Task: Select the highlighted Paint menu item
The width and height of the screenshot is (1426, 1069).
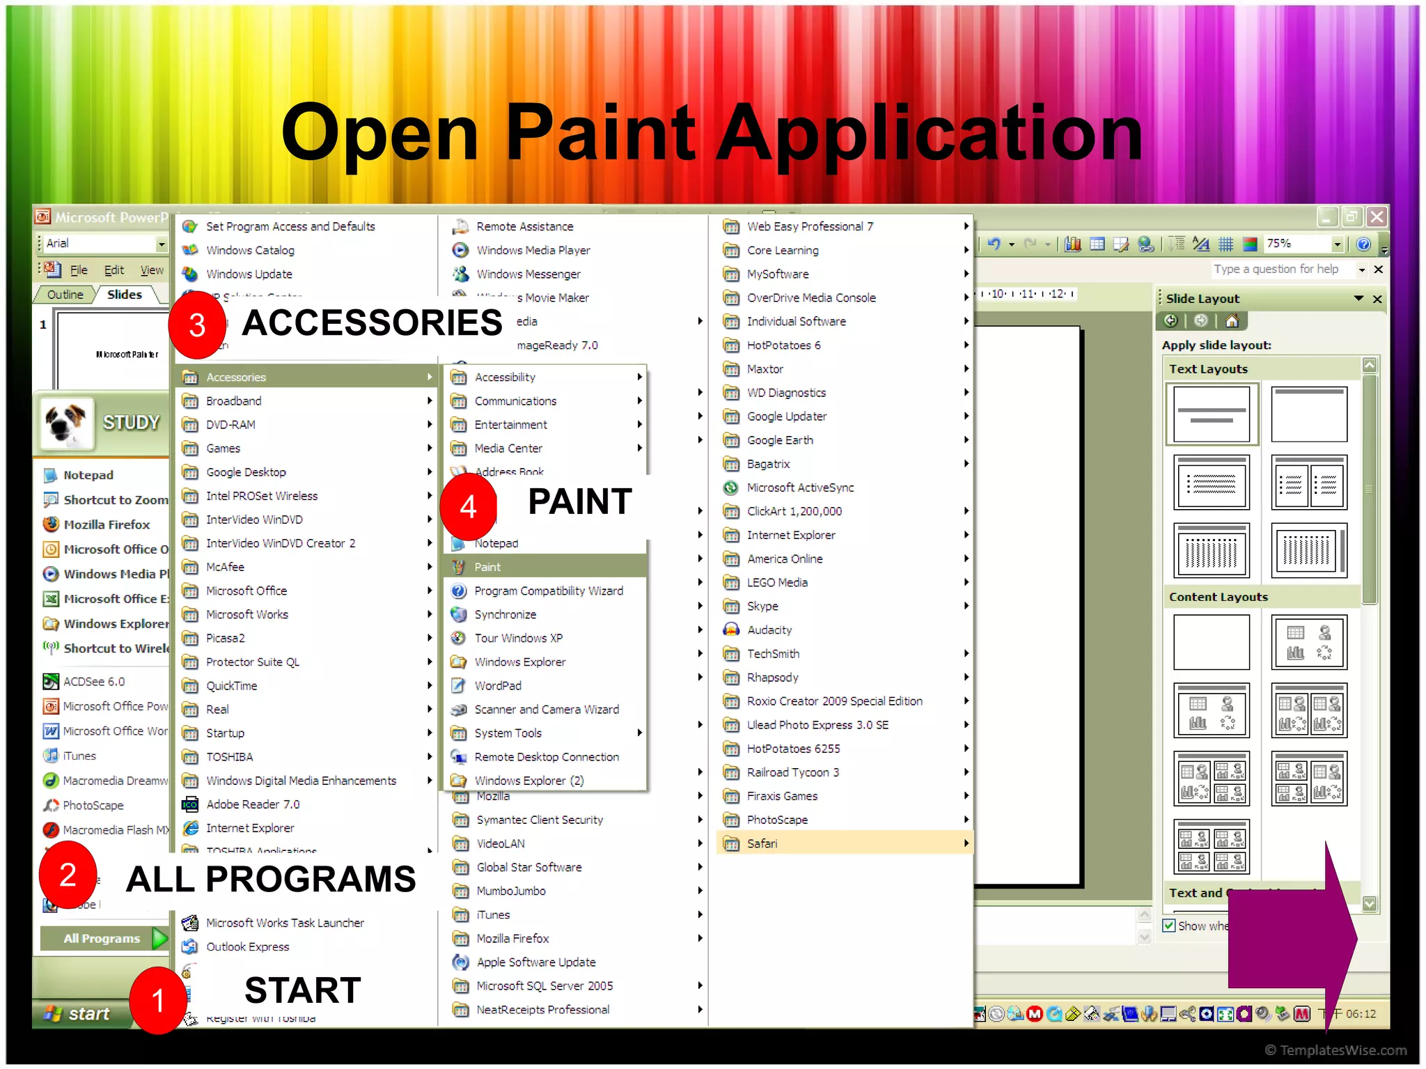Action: click(487, 567)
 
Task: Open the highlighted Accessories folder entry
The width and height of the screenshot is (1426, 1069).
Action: click(237, 377)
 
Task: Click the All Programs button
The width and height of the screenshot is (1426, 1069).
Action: click(103, 938)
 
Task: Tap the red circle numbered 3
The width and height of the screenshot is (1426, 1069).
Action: click(197, 325)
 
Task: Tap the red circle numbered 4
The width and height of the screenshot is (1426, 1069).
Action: click(468, 506)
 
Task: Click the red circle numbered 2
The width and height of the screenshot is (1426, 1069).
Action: click(68, 875)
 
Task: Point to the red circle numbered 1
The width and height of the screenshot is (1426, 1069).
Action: click(158, 1000)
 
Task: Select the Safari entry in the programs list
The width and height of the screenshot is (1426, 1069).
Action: click(762, 843)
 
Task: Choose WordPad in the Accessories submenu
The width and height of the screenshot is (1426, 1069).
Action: click(497, 686)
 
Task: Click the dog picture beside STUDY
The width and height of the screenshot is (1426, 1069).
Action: click(66, 422)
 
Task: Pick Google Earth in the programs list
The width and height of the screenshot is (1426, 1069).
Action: click(780, 440)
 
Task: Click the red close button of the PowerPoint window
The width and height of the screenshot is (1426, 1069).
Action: click(1377, 217)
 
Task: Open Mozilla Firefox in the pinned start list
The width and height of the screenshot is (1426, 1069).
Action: click(107, 524)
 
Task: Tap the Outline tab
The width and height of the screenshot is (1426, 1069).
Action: click(65, 295)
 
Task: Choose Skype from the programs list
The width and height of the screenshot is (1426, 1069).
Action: click(762, 606)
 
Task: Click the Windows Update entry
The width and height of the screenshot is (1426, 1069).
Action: click(249, 274)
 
